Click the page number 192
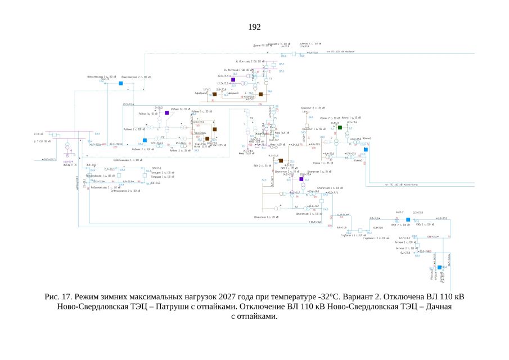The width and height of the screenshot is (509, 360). click(x=254, y=27)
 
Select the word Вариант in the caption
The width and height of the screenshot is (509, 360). click(x=345, y=296)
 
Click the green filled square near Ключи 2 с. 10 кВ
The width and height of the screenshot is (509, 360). click(x=340, y=128)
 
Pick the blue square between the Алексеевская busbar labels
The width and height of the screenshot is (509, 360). click(x=120, y=83)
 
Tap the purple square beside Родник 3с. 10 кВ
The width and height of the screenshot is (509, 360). click(x=167, y=113)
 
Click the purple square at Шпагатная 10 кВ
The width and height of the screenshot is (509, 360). click(x=301, y=179)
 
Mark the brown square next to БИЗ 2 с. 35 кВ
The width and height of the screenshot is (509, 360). click(x=281, y=161)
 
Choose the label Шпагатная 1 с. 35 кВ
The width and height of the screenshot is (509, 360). click(x=267, y=216)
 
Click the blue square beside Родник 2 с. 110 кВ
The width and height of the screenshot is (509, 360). click(x=145, y=140)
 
